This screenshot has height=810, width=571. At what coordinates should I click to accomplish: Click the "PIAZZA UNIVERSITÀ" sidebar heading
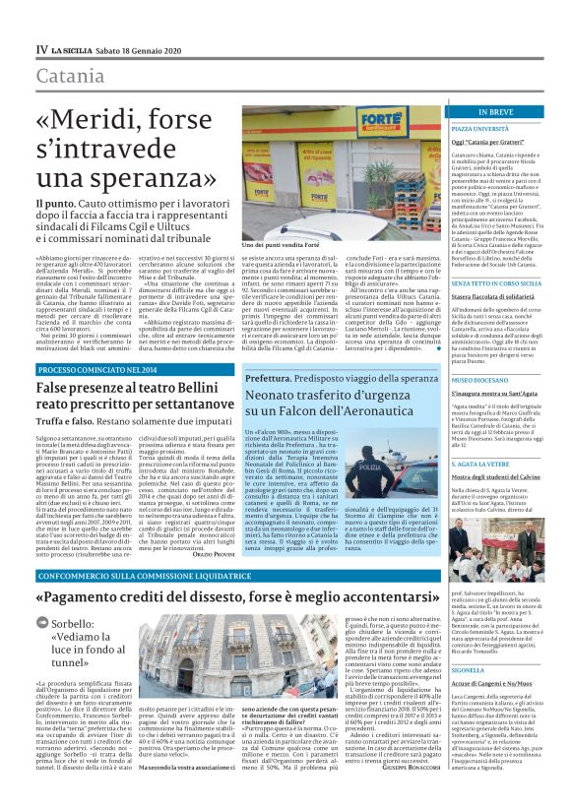click(x=479, y=129)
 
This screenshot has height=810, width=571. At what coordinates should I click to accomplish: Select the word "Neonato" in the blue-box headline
click(x=247, y=394)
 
